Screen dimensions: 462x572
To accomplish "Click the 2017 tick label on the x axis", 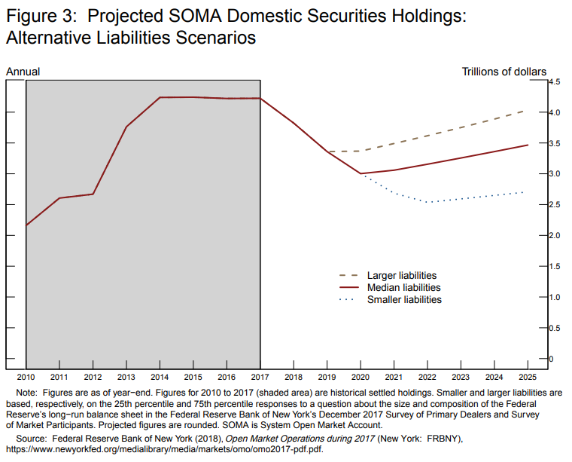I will coord(260,376).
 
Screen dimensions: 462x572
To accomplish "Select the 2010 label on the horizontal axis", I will coord(26,376).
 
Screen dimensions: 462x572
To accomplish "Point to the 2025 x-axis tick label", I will coord(528,376).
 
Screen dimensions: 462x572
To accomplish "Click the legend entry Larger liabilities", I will coord(401,276).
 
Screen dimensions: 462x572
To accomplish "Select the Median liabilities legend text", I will coord(403,288).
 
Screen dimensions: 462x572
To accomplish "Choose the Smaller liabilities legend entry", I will coord(404,300).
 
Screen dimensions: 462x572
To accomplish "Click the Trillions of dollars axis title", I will coord(504,72).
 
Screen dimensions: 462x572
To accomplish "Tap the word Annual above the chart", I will coord(23,72).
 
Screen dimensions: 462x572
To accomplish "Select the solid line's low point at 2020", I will coord(361,174).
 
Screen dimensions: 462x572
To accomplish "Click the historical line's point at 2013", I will coord(126,127).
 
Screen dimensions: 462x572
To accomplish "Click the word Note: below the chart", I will coord(27,393).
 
